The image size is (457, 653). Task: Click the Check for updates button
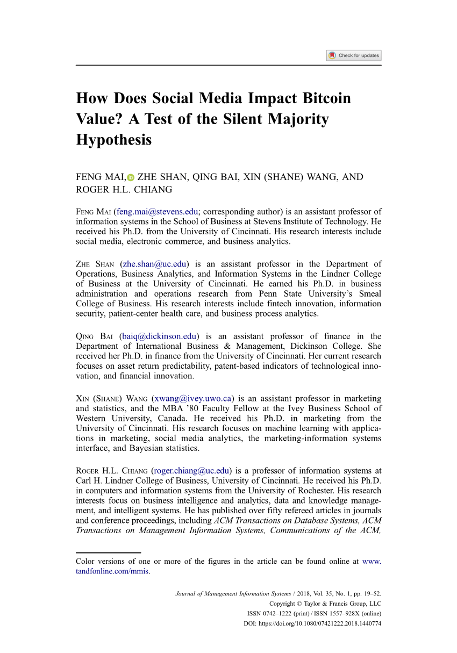(354, 55)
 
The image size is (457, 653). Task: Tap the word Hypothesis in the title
(114, 140)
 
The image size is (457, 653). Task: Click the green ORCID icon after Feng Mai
(131, 178)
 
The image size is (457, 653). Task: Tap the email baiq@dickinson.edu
(159, 336)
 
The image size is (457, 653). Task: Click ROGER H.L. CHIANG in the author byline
(124, 190)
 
